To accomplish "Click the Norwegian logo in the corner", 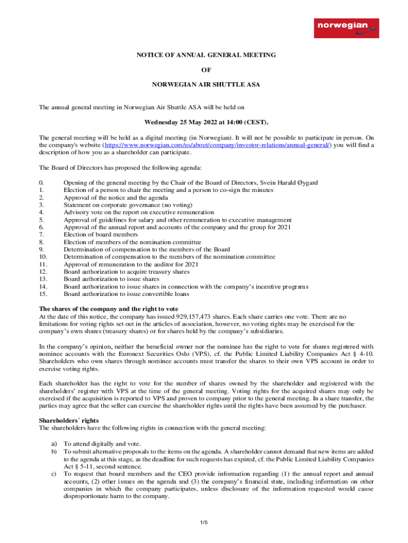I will pos(346,28).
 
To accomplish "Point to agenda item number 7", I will pos(41,234).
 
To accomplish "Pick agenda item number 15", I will pos(43,294).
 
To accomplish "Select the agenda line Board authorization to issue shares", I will pos(111,279).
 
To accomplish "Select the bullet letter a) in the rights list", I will pos(53,443).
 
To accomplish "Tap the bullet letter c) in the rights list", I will pos(53,473).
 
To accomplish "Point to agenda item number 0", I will pos(41,182).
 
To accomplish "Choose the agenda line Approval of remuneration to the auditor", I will pos(131,264).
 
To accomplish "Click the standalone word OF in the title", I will pos(203,69).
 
